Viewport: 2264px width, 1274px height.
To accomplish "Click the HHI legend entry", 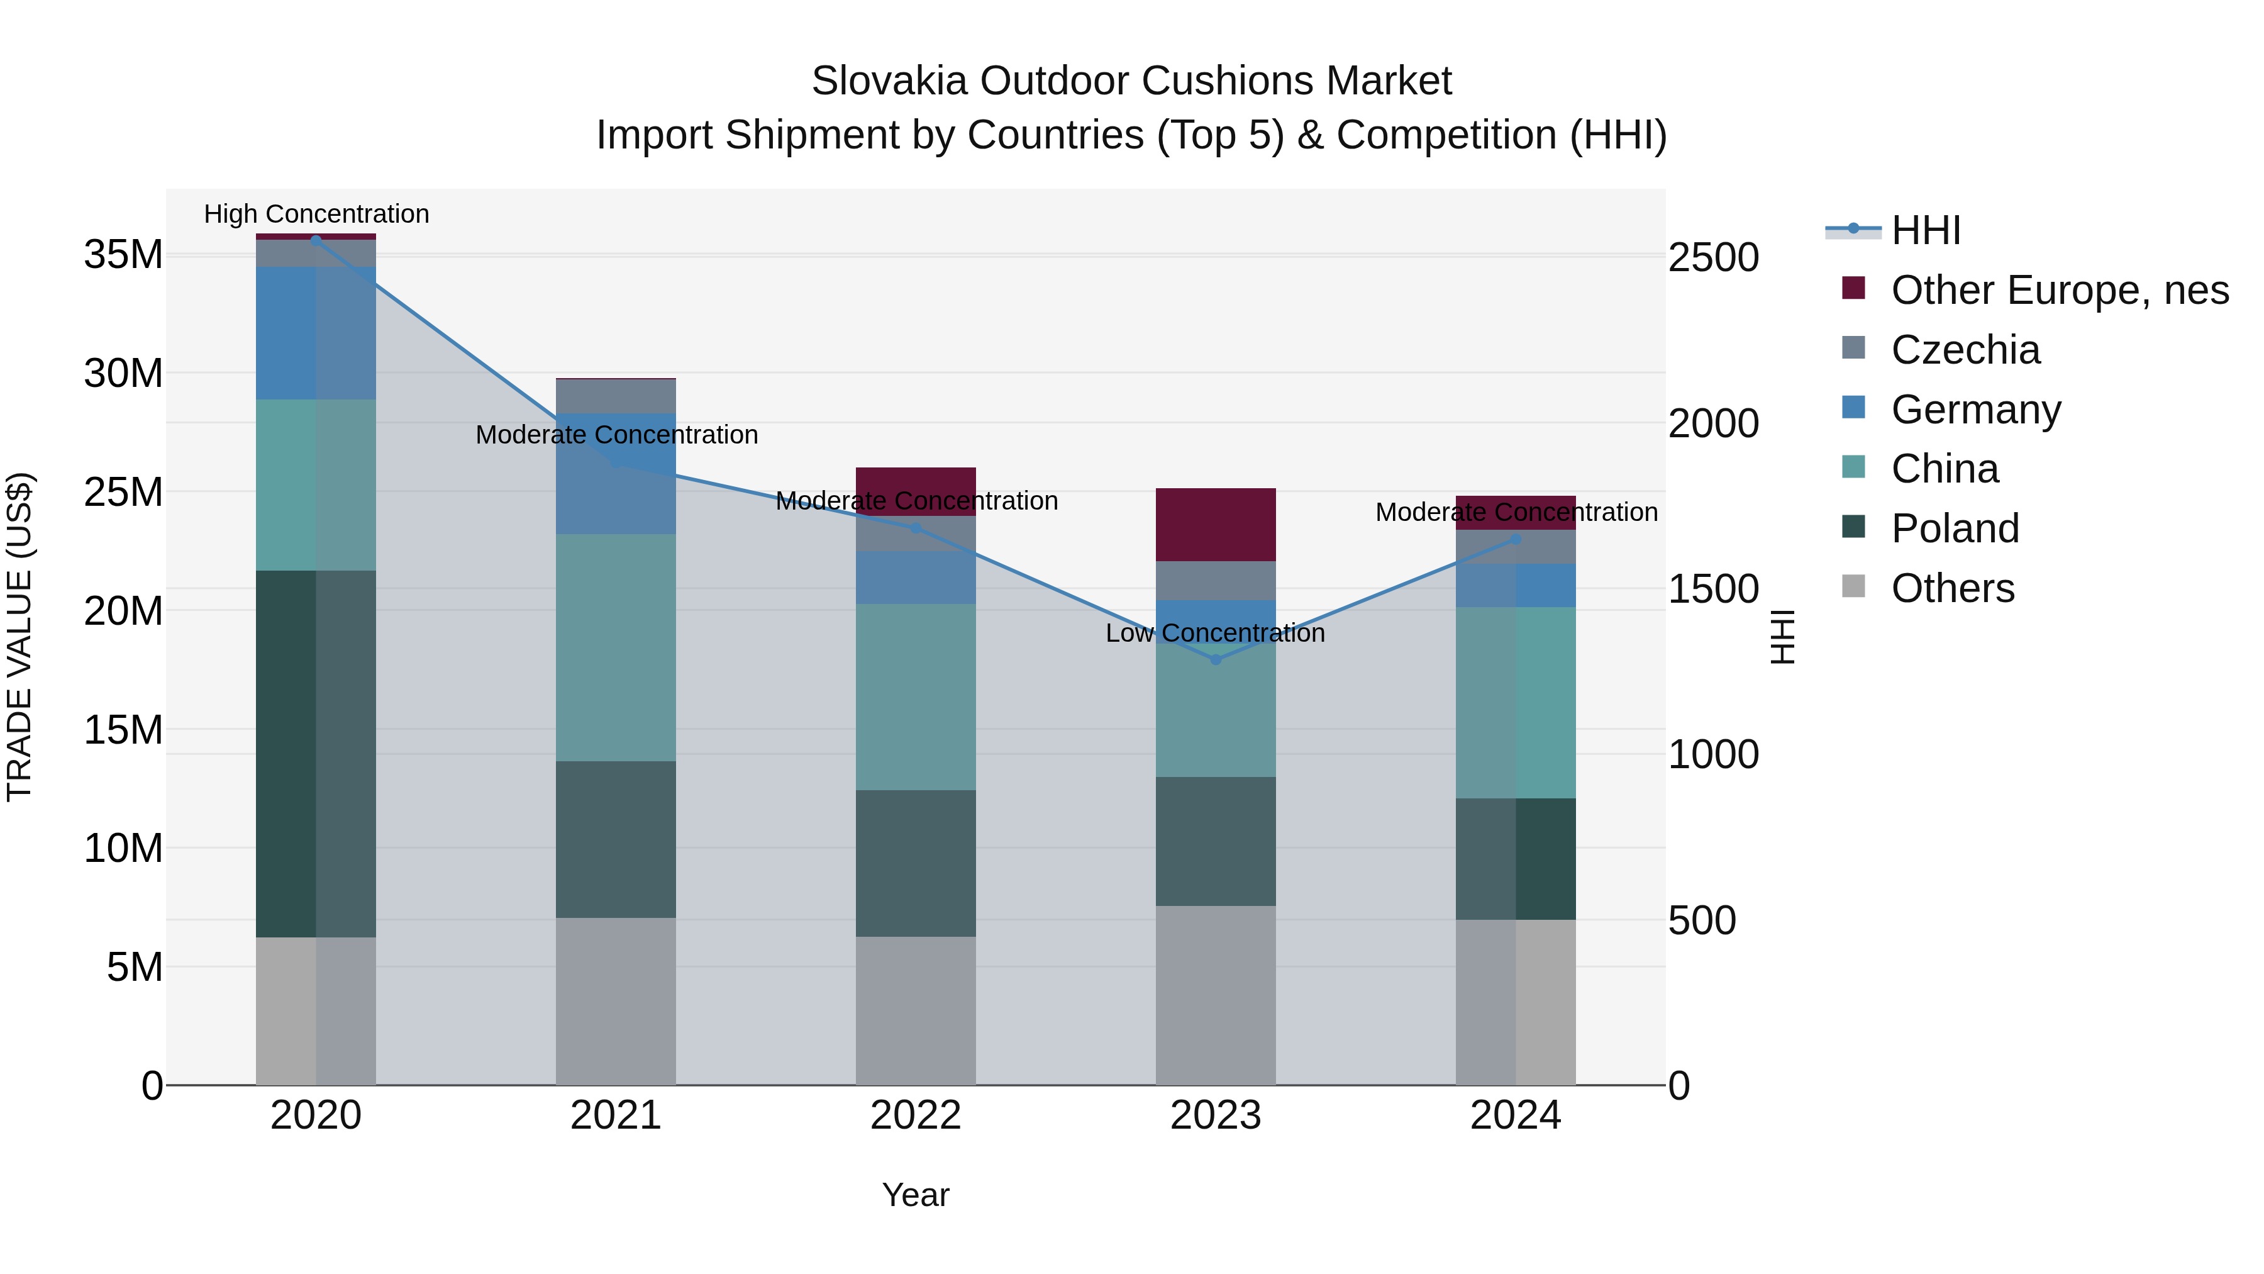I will (1925, 230).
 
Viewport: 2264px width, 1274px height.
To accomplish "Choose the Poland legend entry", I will (1955, 528).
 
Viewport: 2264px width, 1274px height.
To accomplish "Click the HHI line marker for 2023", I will (1216, 659).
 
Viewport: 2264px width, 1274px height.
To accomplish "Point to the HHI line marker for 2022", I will (916, 528).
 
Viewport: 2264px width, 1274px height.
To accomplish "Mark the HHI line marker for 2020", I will (316, 240).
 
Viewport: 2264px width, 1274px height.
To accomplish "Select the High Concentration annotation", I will (316, 214).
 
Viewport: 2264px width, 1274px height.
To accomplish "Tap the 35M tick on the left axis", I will (123, 255).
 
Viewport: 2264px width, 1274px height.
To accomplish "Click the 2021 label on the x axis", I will (615, 1115).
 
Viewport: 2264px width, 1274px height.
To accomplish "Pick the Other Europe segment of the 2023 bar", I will (1216, 525).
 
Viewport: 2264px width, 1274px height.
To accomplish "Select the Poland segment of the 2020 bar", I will (316, 754).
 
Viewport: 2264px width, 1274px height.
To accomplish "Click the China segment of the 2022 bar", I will (916, 696).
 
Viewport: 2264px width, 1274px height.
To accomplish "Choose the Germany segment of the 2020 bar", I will (316, 333).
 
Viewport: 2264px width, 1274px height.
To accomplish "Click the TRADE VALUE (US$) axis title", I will (19, 637).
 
